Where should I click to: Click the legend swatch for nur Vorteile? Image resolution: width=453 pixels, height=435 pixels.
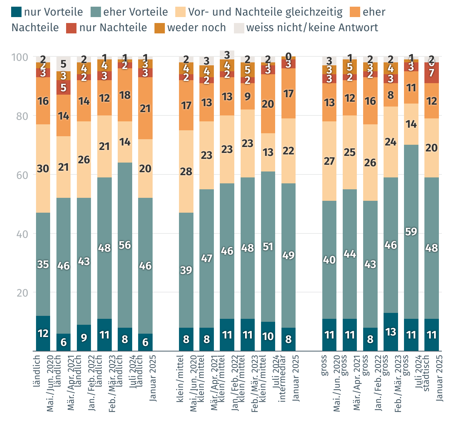17,12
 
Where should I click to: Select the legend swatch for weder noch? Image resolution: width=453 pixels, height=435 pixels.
160,28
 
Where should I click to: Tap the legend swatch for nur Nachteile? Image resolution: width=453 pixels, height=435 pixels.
71,28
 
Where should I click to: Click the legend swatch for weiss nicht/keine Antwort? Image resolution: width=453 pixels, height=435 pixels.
239,28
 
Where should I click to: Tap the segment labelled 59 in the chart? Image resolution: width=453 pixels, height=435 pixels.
411,232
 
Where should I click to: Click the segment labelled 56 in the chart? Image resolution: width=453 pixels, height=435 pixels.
125,245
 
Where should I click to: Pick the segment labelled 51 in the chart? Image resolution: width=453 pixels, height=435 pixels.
268,246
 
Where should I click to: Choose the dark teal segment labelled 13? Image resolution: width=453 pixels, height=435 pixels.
391,332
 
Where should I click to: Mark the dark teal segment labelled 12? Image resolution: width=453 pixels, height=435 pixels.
43,333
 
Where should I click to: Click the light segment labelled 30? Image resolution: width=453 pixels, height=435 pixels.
43,169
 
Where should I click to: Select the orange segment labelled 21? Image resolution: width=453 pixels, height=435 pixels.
145,108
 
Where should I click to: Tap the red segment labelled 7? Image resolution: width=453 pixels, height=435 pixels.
431,73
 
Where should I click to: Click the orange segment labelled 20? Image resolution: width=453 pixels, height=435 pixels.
268,104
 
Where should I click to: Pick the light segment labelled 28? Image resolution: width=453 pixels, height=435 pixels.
186,171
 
